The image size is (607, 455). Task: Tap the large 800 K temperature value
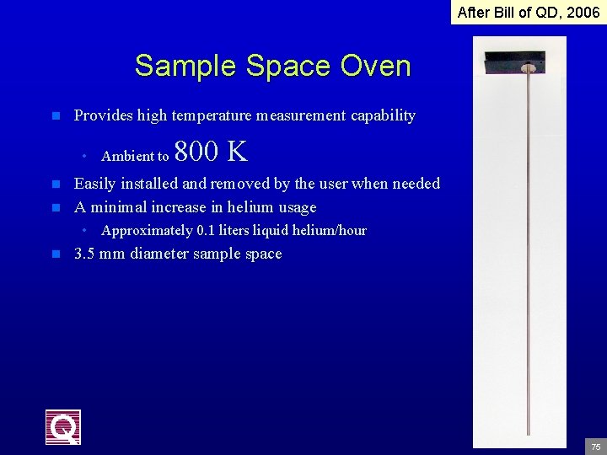(x=211, y=152)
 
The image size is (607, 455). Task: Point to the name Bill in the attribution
(x=508, y=12)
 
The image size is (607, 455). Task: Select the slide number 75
(x=595, y=446)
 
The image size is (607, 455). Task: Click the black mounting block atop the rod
(x=514, y=60)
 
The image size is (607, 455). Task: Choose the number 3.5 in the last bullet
(x=84, y=254)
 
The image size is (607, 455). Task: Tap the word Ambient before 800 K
(x=127, y=156)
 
